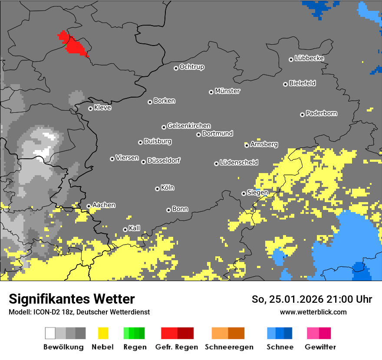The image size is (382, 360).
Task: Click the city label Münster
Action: click(227, 91)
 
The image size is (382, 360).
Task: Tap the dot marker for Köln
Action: click(157, 189)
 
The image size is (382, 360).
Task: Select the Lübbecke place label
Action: click(309, 58)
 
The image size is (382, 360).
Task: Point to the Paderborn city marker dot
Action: click(302, 115)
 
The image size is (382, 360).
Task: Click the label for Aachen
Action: click(104, 205)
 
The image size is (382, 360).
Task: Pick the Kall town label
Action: click(135, 228)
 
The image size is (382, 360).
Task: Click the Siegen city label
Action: click(257, 193)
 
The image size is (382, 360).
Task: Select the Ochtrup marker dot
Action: click(176, 68)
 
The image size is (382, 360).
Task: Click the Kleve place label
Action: click(102, 108)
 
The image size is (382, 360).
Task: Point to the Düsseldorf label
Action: click(164, 160)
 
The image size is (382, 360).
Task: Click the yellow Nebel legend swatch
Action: click(103, 333)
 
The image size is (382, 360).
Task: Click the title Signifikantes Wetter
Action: click(72, 299)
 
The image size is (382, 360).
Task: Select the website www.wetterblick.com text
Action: click(313, 312)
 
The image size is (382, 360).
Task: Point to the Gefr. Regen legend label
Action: click(177, 347)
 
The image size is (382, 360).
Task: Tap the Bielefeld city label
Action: click(302, 83)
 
